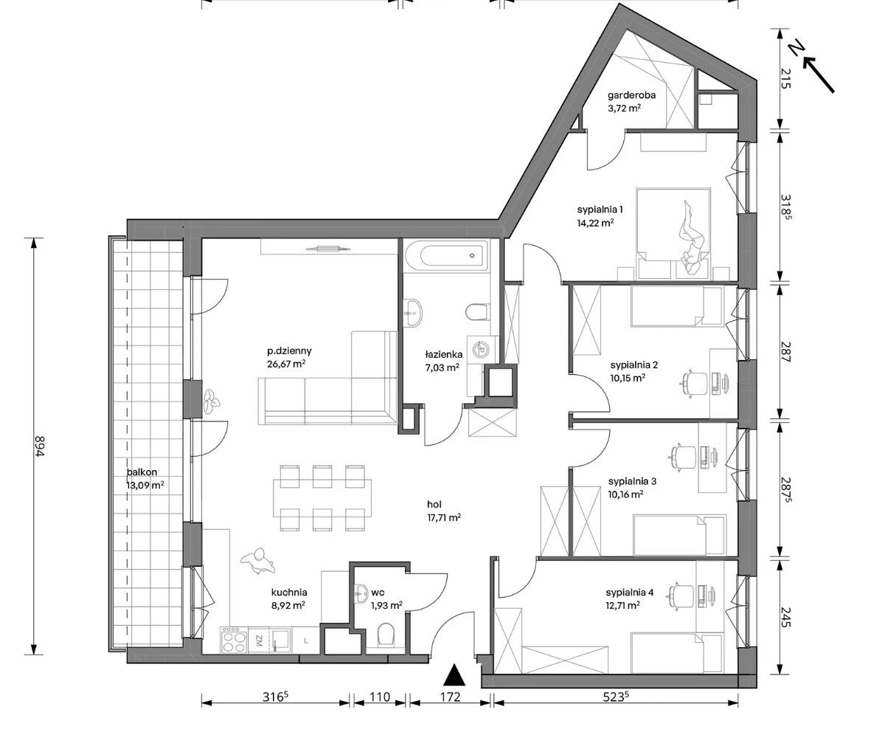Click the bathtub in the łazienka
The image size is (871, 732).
click(446, 256)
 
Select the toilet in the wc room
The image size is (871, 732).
click(384, 635)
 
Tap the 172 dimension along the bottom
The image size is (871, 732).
click(451, 697)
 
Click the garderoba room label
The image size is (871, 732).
click(631, 95)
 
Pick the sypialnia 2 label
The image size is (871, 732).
click(634, 365)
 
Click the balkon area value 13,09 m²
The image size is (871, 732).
click(145, 485)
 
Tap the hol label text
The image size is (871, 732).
click(434, 505)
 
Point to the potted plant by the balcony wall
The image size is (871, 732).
click(211, 401)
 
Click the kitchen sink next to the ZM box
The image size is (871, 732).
click(280, 640)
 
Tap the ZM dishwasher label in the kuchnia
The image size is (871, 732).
click(259, 640)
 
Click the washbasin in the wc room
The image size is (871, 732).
click(361, 592)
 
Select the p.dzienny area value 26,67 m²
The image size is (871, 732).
click(287, 364)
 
